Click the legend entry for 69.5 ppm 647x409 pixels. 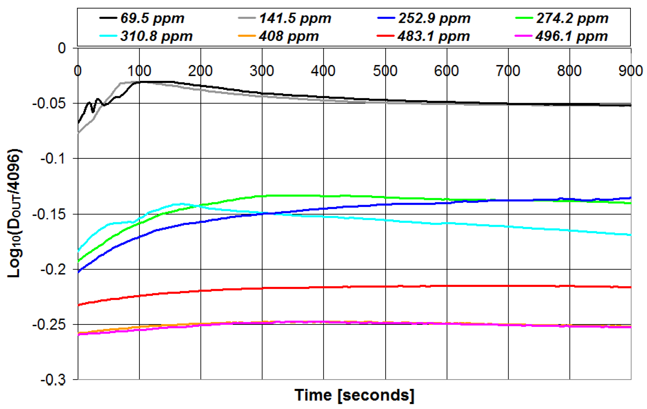[152, 18]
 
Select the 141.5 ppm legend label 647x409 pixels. [295, 18]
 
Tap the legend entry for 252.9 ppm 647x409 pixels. [434, 18]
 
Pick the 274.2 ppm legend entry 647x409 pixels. [572, 18]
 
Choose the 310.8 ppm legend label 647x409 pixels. [156, 36]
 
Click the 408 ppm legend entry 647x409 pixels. [289, 36]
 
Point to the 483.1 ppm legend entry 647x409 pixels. [433, 36]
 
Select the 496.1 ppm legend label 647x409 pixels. [571, 36]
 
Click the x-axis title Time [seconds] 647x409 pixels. [354, 395]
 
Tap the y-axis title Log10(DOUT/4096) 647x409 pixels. [14, 213]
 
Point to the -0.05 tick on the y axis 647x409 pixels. [49, 104]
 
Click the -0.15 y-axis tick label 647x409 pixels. [49, 214]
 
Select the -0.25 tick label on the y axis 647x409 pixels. [49, 325]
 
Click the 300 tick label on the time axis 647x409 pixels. [262, 71]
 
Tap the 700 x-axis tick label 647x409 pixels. [508, 71]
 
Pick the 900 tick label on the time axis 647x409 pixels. [630, 71]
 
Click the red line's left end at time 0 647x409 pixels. [79, 305]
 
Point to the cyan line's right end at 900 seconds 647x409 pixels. [630, 235]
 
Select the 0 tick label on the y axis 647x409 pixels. [62, 49]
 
